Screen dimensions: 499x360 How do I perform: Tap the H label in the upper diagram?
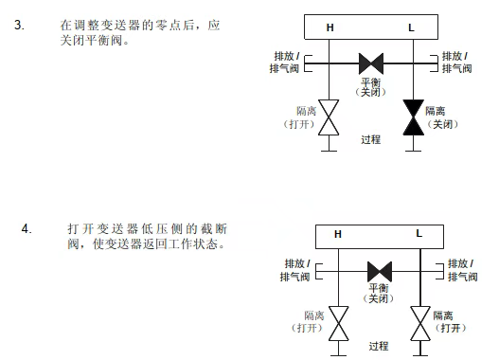coord(330,27)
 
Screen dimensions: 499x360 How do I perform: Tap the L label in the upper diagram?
coord(411,27)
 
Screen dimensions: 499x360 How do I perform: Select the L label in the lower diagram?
coord(419,233)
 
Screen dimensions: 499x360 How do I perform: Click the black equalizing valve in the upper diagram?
coord(370,64)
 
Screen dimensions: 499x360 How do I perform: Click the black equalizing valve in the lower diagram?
coord(379,270)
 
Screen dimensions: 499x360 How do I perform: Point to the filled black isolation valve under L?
coord(411,117)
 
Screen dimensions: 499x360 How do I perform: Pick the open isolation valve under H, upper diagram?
coord(330,117)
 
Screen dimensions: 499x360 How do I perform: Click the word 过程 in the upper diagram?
coord(370,139)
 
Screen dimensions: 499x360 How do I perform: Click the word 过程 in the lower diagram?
coord(379,347)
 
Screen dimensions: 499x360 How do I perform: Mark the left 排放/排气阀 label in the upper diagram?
coord(285,62)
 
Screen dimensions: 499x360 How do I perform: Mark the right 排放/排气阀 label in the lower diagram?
coord(462,269)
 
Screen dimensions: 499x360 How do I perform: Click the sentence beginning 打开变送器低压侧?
coord(147,237)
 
